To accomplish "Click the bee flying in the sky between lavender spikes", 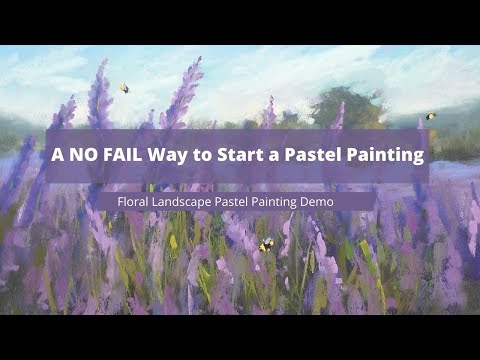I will [124, 88].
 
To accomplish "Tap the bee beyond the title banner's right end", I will [431, 117].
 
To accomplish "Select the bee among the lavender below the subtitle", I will [266, 244].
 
